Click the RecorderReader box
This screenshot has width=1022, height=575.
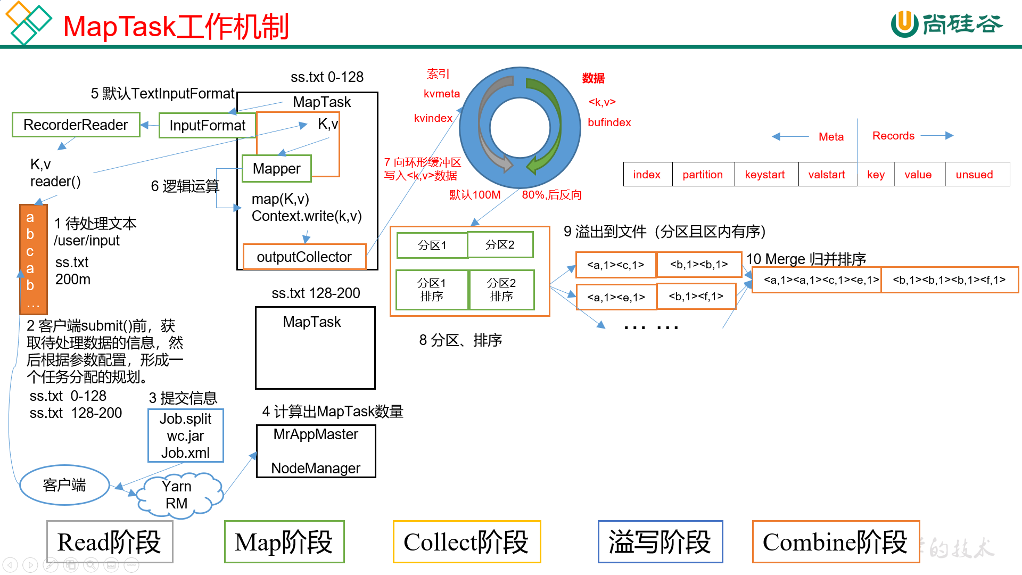tap(76, 125)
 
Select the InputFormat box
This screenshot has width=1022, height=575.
tap(207, 125)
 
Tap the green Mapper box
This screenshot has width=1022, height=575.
tap(276, 168)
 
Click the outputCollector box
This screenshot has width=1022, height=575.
tap(304, 257)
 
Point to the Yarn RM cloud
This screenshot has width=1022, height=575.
tap(177, 495)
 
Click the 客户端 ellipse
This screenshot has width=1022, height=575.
tap(64, 485)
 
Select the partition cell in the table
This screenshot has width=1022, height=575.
tap(703, 175)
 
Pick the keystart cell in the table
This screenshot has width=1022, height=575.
tap(765, 175)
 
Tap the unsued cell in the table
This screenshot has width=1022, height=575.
tap(974, 175)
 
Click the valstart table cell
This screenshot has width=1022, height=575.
tap(827, 175)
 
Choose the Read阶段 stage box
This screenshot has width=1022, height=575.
tap(110, 542)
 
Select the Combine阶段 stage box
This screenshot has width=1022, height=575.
tap(835, 542)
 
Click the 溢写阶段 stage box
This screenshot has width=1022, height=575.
tap(660, 542)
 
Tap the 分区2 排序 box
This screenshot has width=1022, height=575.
tap(501, 290)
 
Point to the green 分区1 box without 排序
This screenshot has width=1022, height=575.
tap(432, 245)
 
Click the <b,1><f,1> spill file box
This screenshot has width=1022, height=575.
tap(696, 297)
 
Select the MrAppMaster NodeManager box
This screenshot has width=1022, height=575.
tap(316, 451)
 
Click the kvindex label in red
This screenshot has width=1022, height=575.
tap(433, 118)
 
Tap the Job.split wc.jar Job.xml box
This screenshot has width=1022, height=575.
tap(185, 436)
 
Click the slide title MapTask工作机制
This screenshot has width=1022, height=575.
tap(176, 27)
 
